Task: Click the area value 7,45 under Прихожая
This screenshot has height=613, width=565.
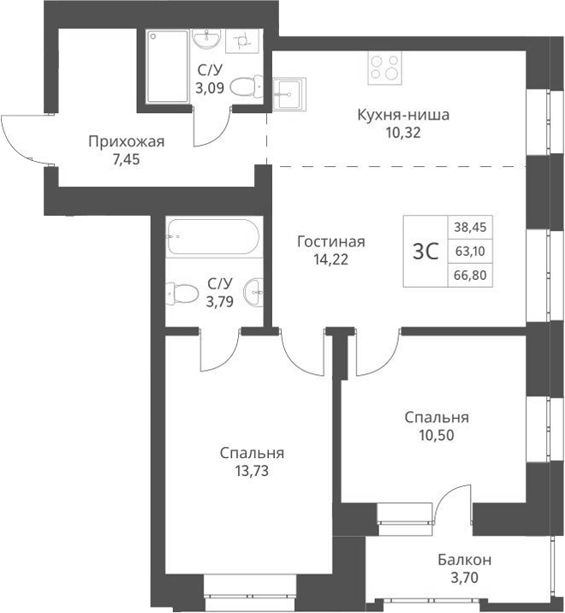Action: (x=125, y=158)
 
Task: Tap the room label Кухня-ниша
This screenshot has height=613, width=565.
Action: (x=403, y=115)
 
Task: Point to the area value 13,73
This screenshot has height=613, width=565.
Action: (x=252, y=469)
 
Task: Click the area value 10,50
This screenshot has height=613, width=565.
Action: (x=436, y=434)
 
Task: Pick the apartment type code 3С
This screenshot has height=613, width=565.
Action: (x=425, y=252)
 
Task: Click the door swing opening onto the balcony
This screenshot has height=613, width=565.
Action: (x=452, y=505)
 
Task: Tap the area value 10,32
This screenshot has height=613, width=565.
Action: (x=403, y=133)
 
